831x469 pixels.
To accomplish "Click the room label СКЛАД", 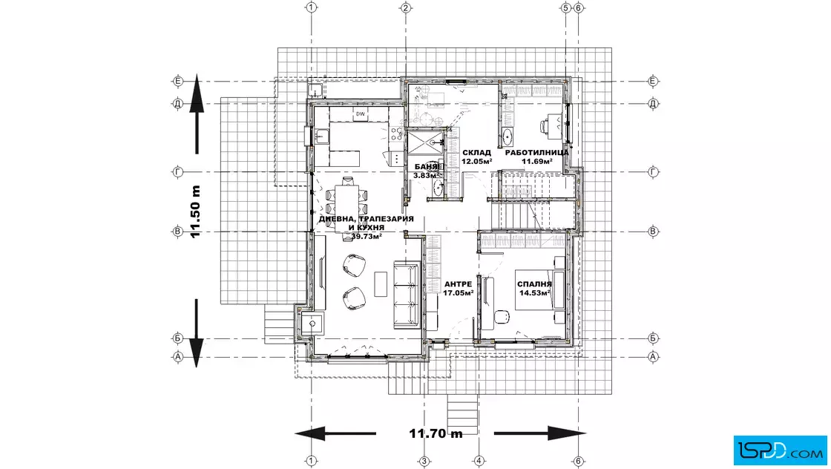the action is [x=476, y=153].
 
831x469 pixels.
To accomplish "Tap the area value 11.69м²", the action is [x=537, y=162].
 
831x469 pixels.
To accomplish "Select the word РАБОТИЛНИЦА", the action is [x=537, y=153].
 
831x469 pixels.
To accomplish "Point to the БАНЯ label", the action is [x=426, y=166].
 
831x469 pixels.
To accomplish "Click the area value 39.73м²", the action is [x=367, y=236].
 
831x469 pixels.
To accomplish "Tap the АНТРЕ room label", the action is [x=458, y=284].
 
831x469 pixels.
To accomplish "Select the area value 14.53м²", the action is [x=534, y=292].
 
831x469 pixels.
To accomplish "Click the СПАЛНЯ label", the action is [x=534, y=284].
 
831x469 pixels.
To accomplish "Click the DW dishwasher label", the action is [x=361, y=114].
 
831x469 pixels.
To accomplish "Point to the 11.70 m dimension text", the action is [x=436, y=433].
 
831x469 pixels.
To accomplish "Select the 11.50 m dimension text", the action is [x=196, y=211].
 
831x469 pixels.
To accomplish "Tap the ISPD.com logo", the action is [x=780, y=450].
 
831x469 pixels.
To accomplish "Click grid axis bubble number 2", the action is [x=406, y=7].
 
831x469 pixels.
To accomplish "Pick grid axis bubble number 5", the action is [x=565, y=7].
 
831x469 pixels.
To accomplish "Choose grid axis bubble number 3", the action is [x=424, y=461].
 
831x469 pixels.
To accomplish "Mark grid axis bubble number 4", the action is [x=479, y=461].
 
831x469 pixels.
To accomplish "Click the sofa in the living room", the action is [x=407, y=295].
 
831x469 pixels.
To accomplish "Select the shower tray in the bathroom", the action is [x=425, y=141].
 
